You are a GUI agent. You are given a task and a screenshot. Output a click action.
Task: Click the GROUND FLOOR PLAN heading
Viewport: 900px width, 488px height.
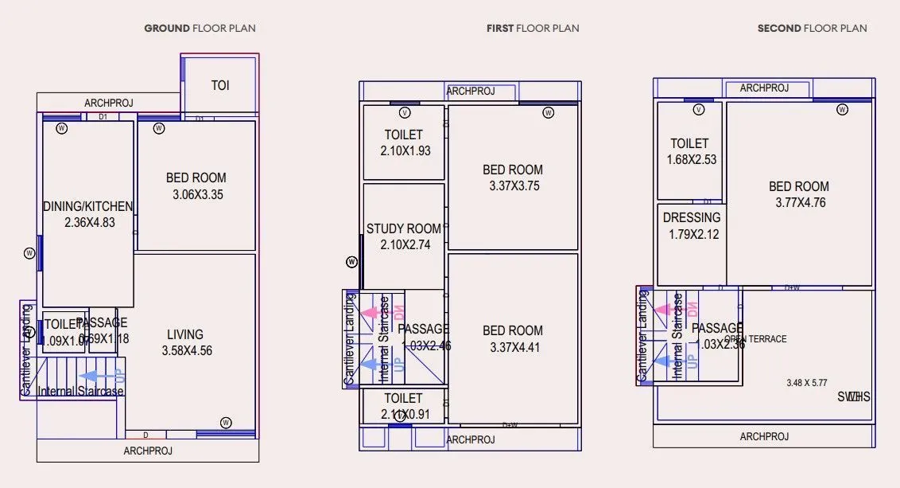(200, 29)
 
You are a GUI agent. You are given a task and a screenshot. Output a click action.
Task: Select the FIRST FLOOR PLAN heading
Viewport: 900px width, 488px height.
(533, 29)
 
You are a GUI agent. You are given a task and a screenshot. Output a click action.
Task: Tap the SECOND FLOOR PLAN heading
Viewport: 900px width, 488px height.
(812, 29)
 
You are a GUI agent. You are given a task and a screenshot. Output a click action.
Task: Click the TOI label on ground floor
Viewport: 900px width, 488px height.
(220, 85)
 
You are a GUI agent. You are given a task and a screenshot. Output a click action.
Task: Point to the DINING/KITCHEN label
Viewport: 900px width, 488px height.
(87, 207)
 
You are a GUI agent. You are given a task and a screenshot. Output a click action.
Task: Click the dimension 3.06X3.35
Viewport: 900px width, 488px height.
(196, 194)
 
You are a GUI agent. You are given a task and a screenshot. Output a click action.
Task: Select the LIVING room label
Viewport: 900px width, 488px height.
(185, 334)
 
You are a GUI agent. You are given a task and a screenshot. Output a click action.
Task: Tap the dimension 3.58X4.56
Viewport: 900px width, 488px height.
(187, 350)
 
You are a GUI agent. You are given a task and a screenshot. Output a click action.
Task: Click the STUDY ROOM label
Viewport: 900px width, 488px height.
(403, 229)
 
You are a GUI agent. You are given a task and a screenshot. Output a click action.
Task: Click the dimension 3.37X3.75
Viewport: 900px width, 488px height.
(512, 185)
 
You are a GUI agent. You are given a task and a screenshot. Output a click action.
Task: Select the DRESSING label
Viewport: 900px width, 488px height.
(692, 217)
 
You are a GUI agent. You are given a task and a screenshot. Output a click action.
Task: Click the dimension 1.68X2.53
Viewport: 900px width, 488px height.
(691, 159)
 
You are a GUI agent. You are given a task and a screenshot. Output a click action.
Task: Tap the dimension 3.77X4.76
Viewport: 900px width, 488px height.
(800, 202)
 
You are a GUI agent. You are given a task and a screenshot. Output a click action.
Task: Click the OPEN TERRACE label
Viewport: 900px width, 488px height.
(755, 339)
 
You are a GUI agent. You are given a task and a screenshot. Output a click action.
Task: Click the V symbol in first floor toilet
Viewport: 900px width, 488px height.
(405, 112)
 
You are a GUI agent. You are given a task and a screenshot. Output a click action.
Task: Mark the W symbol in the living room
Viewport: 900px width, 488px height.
(226, 422)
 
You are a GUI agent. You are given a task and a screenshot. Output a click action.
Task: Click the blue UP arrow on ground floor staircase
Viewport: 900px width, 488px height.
(99, 375)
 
